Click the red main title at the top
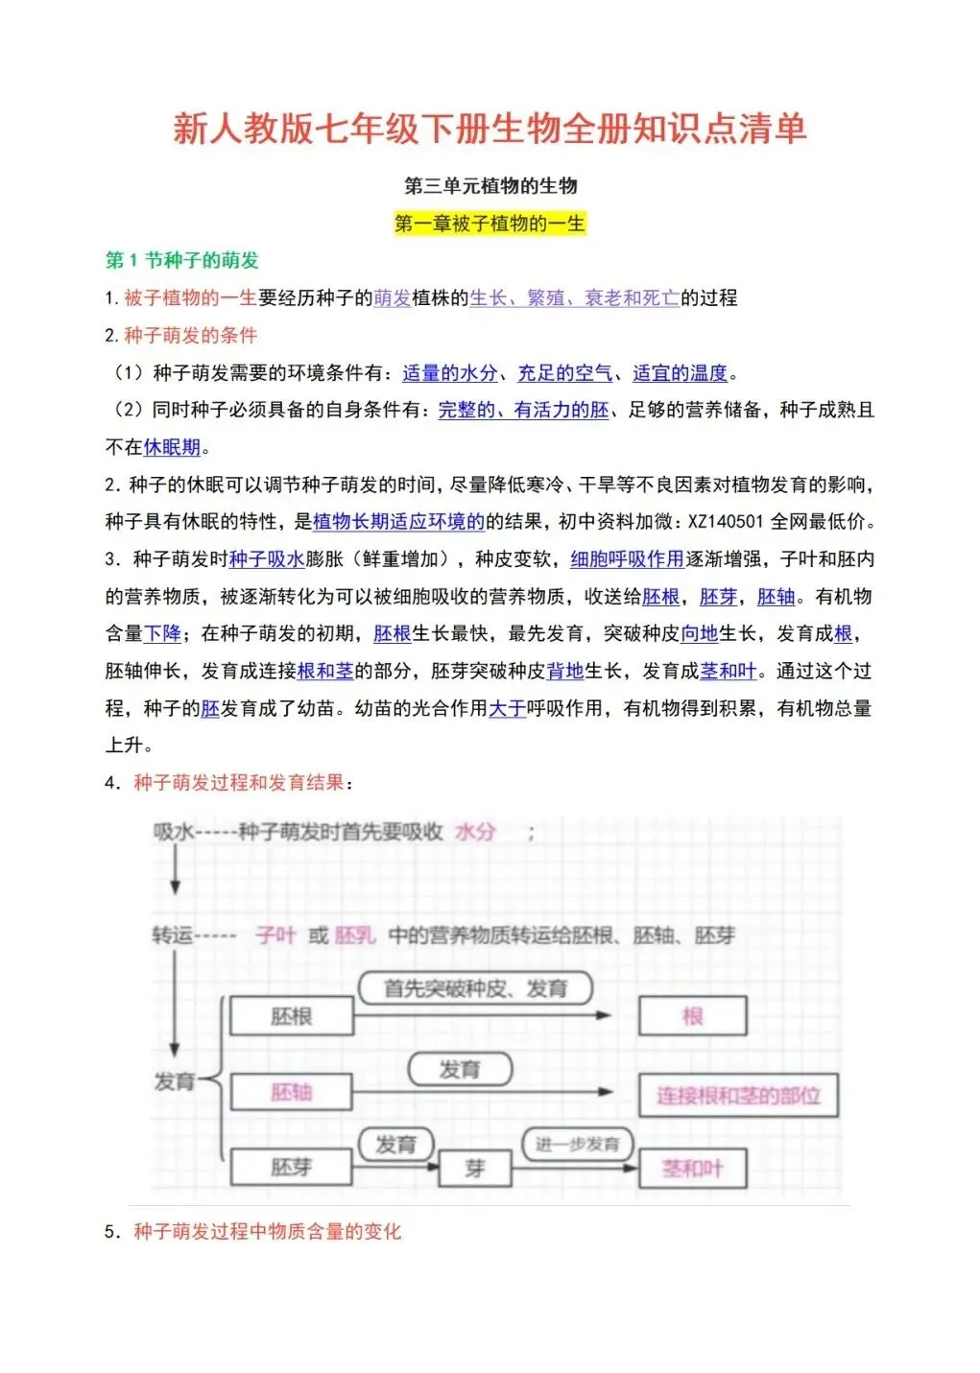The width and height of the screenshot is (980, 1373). (490, 129)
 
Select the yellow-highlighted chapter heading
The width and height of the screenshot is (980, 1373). (490, 224)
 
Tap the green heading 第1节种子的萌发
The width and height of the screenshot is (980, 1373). (181, 260)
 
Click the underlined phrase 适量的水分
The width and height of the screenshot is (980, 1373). (450, 373)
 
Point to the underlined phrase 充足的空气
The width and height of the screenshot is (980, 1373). (564, 373)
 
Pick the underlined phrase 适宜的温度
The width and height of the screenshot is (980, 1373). (680, 373)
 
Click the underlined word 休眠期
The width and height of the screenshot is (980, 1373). (172, 447)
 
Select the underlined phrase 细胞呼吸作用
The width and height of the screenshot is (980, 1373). (627, 559)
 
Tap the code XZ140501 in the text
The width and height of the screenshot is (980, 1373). (726, 522)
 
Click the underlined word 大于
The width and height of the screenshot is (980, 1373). (508, 708)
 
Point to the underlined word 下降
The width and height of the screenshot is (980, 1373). (162, 634)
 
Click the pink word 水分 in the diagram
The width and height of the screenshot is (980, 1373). (475, 832)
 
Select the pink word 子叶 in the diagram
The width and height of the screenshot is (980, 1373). (275, 935)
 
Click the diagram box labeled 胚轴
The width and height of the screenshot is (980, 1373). (292, 1092)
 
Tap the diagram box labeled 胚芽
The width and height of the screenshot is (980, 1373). (292, 1167)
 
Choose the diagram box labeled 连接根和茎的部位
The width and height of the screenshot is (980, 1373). (738, 1096)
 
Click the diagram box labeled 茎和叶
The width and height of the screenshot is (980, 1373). (692, 1168)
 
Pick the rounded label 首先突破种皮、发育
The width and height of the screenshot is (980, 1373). (475, 988)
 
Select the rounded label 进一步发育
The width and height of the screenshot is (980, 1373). (577, 1144)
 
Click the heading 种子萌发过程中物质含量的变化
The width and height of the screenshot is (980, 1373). (267, 1231)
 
